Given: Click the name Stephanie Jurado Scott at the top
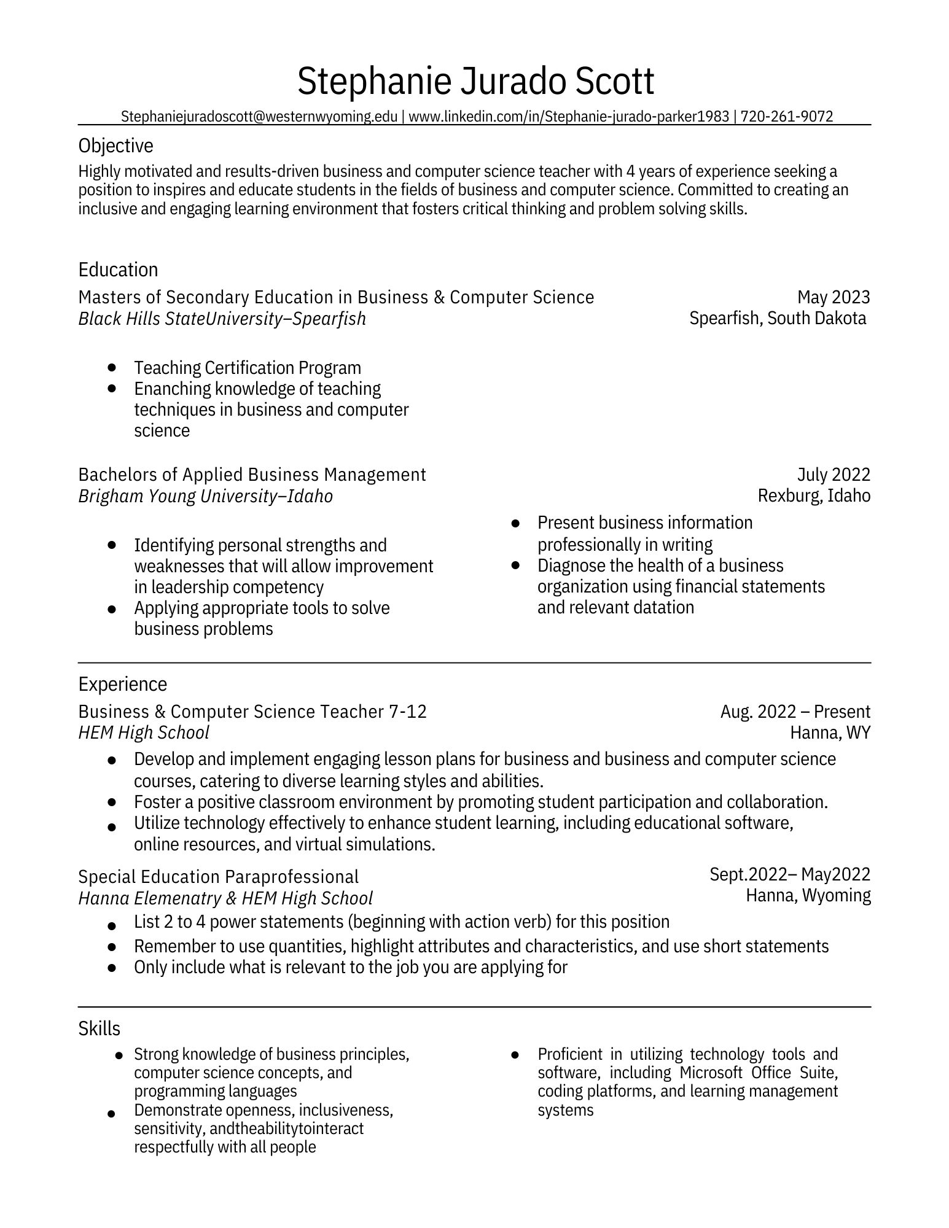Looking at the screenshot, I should click(x=475, y=82).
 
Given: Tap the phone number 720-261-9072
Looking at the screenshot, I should click(x=786, y=117).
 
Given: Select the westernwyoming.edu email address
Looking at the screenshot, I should click(x=259, y=117).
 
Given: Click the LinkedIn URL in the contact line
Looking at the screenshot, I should click(x=568, y=117).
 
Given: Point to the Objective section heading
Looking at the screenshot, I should click(x=115, y=146).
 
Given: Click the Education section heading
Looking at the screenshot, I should click(x=118, y=270).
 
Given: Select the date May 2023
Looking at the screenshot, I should click(x=833, y=297).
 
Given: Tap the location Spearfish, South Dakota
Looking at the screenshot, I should click(x=777, y=318).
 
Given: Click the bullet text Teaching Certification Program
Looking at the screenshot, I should click(x=248, y=368).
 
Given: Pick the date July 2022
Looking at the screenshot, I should click(x=833, y=475).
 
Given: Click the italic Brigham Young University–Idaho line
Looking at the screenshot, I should click(x=205, y=496).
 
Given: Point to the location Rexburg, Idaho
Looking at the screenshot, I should click(x=813, y=495).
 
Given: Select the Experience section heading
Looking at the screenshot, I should click(x=122, y=684).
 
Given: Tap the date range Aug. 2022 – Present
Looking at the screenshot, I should click(x=795, y=712).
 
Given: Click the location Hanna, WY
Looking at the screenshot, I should click(x=830, y=733).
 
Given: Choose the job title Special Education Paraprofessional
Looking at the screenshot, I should click(x=218, y=877).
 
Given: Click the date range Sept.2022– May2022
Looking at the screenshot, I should click(x=789, y=874).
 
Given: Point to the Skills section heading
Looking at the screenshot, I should click(x=99, y=1028).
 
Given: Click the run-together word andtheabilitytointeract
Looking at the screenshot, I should click(x=286, y=1129).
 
